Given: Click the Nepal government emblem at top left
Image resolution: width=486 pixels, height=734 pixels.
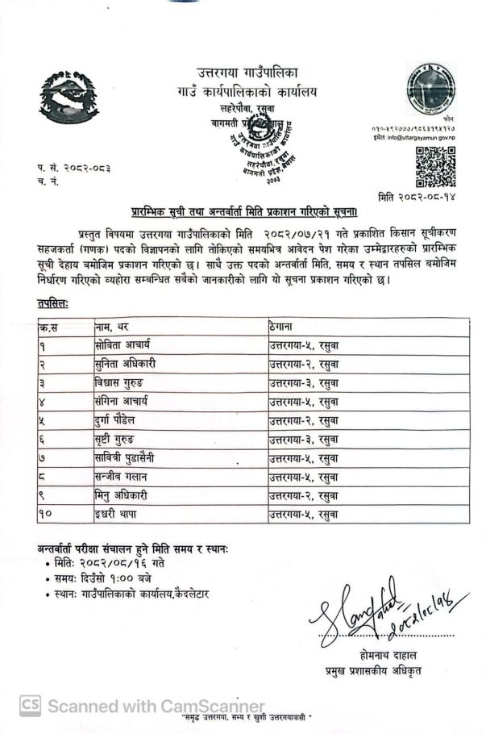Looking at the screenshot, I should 69,98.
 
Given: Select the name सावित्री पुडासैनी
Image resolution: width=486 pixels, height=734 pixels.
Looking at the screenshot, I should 129,457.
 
